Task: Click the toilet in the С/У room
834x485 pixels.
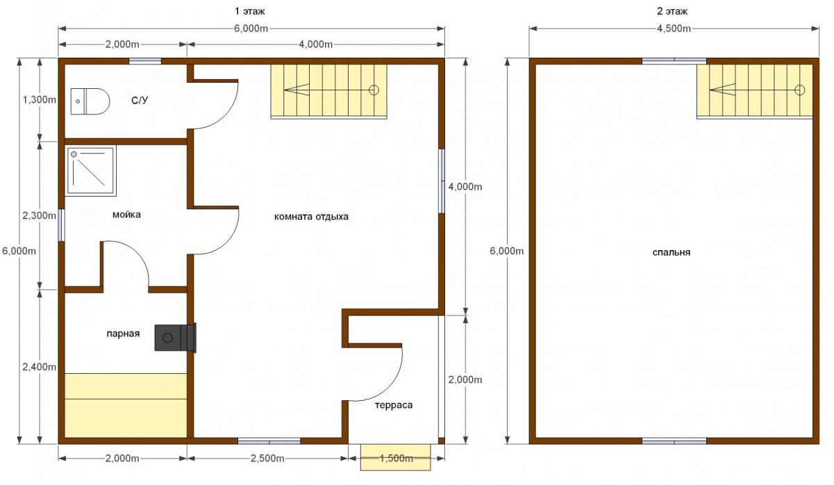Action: pyautogui.click(x=90, y=101)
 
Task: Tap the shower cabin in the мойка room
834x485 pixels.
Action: pyautogui.click(x=91, y=171)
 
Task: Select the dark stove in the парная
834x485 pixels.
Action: pyautogui.click(x=176, y=338)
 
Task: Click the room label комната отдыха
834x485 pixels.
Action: pyautogui.click(x=311, y=217)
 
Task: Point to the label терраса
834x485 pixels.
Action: pyautogui.click(x=394, y=405)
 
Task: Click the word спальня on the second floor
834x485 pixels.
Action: pyautogui.click(x=672, y=252)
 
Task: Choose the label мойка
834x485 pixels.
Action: pyautogui.click(x=126, y=215)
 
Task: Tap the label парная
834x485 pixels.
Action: pyautogui.click(x=123, y=334)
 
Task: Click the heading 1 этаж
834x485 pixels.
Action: pyautogui.click(x=250, y=11)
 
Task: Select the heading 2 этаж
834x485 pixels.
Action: pyautogui.click(x=672, y=11)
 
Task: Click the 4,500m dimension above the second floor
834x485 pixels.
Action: pyautogui.click(x=674, y=28)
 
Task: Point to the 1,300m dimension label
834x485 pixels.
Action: pyautogui.click(x=39, y=99)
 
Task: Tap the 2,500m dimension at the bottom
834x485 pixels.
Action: pyautogui.click(x=267, y=458)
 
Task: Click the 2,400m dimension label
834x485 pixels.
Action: pyautogui.click(x=39, y=367)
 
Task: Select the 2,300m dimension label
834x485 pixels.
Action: pyautogui.click(x=39, y=215)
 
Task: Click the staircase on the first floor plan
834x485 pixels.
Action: pyautogui.click(x=328, y=91)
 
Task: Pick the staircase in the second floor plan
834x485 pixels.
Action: pyautogui.click(x=755, y=91)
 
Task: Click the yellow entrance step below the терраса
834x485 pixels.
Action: pyautogui.click(x=395, y=457)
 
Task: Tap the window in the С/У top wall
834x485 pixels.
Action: pyautogui.click(x=145, y=61)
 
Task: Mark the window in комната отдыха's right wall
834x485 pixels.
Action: pyautogui.click(x=442, y=181)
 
